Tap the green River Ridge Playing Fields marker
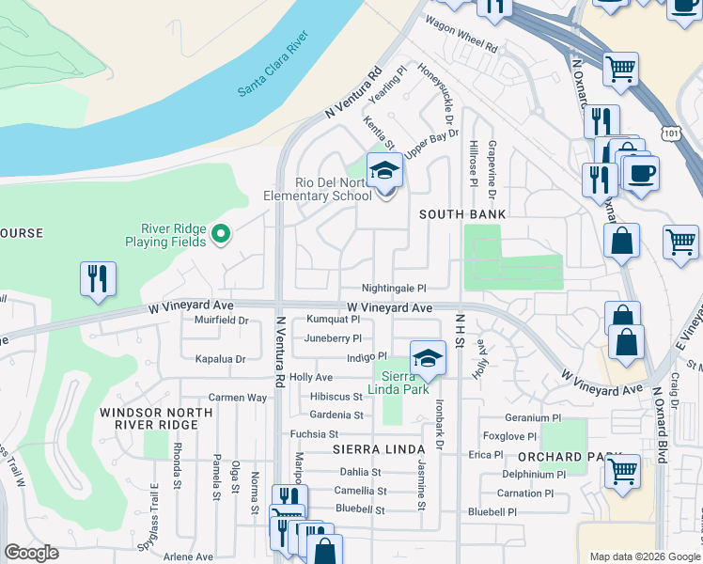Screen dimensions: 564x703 click(x=222, y=233)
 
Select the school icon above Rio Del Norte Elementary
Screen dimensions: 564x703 click(x=384, y=170)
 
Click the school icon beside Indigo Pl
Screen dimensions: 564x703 click(x=428, y=359)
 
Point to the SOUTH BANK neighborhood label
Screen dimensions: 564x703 click(x=462, y=214)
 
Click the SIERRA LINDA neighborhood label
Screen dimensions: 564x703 click(x=367, y=451)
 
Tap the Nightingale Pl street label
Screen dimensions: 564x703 click(x=396, y=289)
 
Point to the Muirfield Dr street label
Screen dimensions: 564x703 click(x=220, y=321)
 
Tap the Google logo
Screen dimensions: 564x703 click(x=31, y=553)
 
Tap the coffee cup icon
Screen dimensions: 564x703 click(x=642, y=174)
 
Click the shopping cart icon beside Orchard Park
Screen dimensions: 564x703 click(x=623, y=469)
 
